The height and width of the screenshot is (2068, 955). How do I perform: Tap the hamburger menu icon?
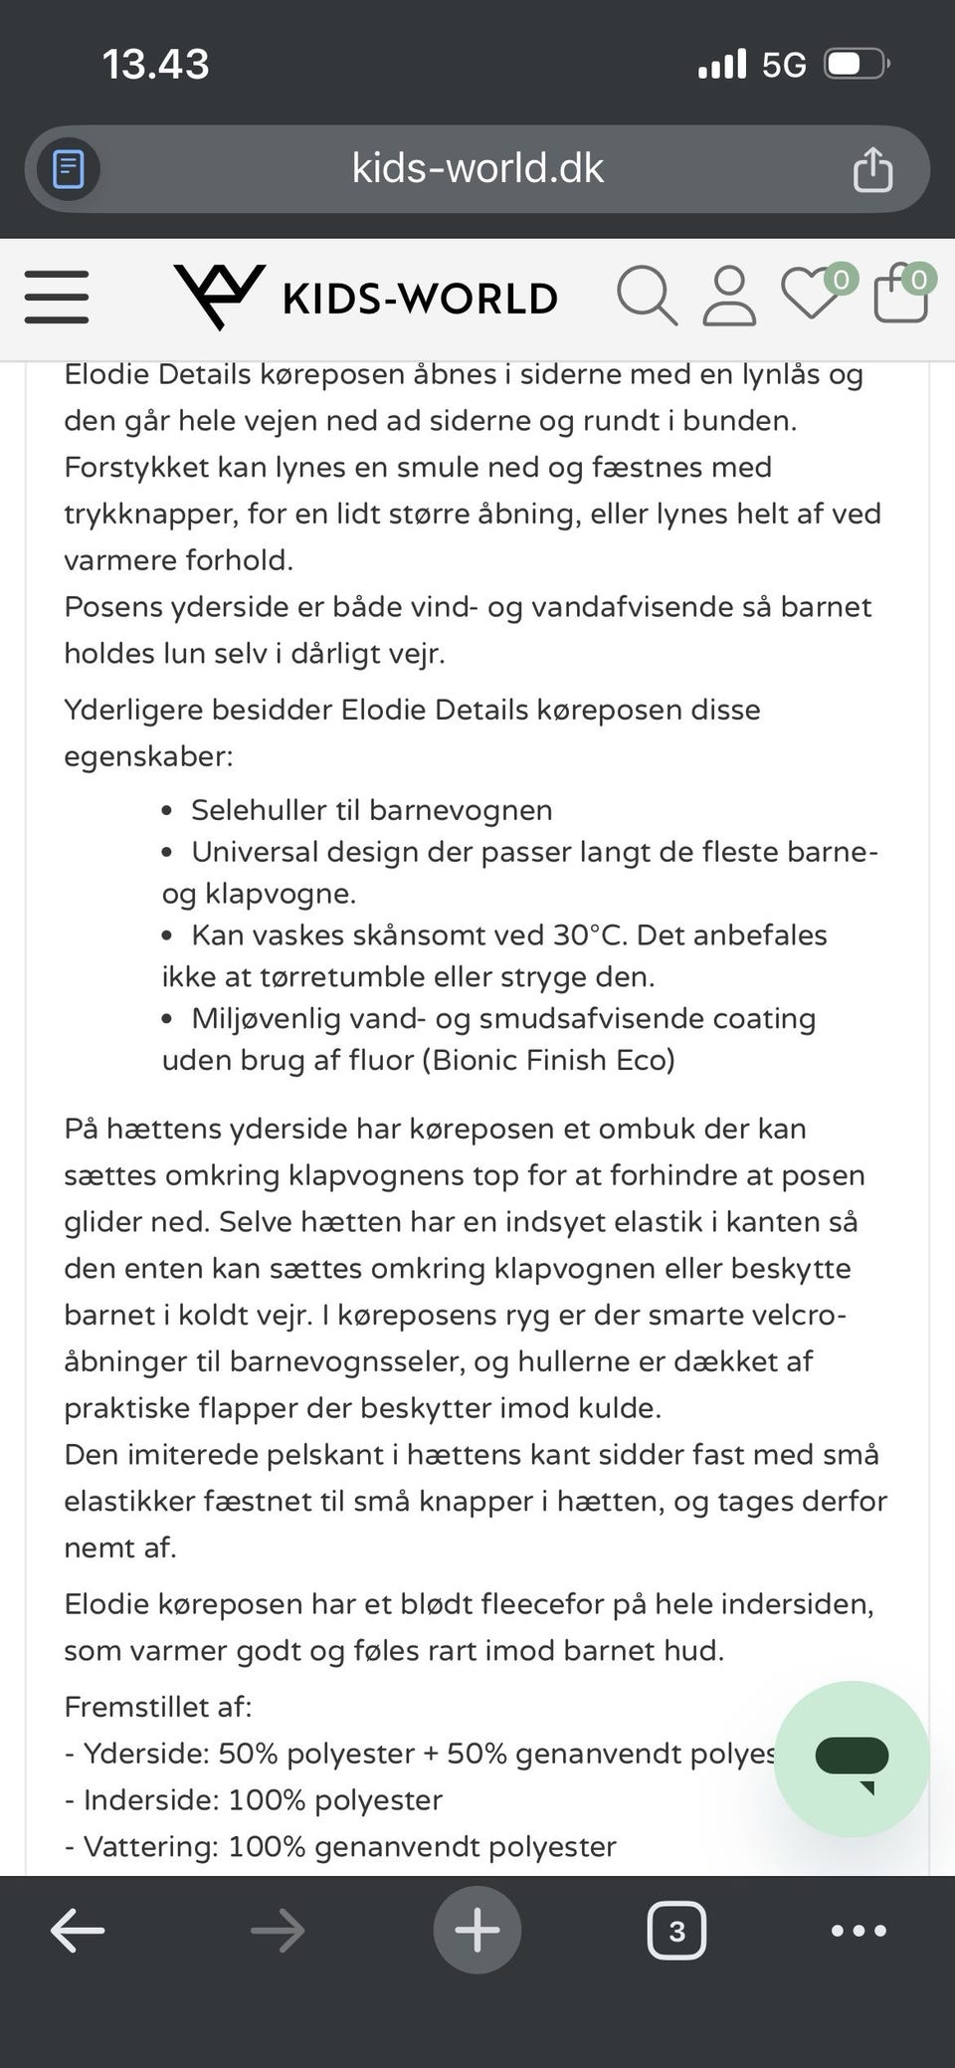click(57, 297)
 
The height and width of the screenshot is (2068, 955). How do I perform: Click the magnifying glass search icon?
click(647, 296)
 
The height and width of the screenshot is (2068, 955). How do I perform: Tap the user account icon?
click(729, 296)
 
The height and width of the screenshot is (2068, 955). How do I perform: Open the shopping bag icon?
click(900, 295)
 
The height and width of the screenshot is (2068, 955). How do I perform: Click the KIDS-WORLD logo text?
click(419, 299)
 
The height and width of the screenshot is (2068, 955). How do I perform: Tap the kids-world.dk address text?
click(477, 168)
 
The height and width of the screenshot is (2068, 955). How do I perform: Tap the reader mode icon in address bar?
click(69, 169)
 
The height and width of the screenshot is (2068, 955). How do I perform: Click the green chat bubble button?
click(852, 1758)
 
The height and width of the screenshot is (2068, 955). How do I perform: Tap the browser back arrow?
click(78, 1931)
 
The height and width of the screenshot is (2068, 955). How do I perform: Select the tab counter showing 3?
click(676, 1931)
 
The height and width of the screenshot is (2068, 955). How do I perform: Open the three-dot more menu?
click(859, 1931)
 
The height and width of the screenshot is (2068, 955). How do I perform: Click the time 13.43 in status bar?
click(156, 65)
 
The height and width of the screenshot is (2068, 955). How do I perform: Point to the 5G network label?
click(784, 66)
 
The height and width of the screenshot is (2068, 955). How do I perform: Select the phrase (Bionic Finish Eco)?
click(548, 1060)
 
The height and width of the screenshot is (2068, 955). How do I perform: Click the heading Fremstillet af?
click(158, 1707)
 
